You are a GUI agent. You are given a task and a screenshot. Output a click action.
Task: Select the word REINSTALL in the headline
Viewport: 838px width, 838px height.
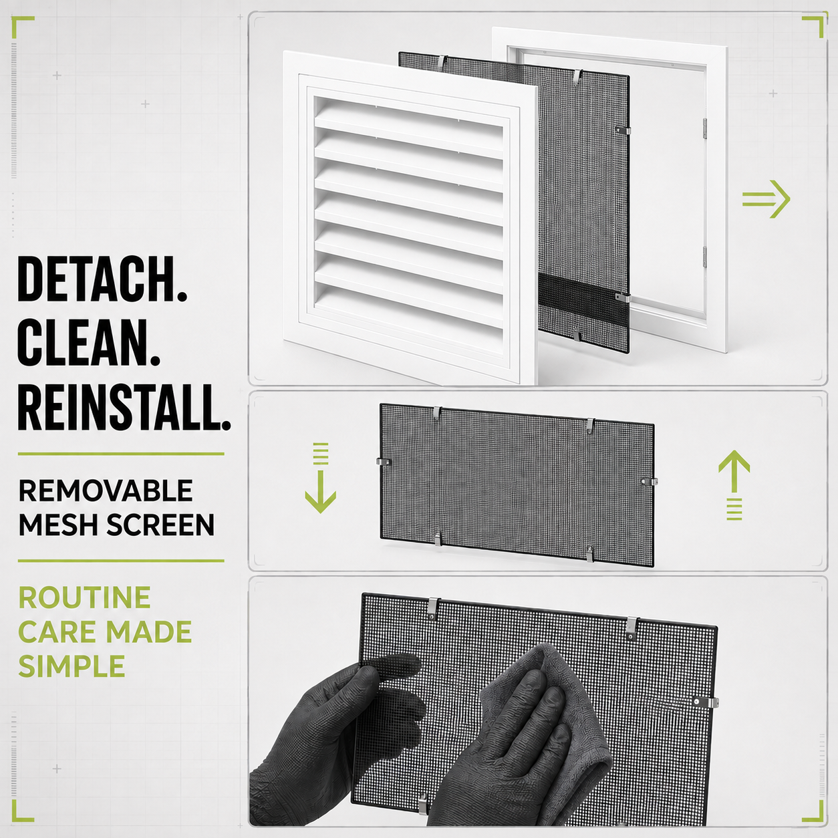coord(119,408)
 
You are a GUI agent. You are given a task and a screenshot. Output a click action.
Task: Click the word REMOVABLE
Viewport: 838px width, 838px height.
coord(106,491)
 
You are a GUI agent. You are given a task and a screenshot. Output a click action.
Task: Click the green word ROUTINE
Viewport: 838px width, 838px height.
coord(84,597)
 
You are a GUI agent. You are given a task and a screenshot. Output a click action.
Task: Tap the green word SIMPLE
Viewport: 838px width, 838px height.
coord(72,666)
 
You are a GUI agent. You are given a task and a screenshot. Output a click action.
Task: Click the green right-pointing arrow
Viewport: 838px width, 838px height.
coord(766,198)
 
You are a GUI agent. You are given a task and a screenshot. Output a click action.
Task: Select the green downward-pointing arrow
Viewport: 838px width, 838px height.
coord(321,478)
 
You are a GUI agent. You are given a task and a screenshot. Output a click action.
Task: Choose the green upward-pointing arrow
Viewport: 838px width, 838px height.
coord(734,485)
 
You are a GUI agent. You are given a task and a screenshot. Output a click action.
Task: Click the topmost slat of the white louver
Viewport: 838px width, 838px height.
coord(409,118)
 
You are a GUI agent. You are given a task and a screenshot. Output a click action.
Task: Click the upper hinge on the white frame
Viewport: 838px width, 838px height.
coord(705,128)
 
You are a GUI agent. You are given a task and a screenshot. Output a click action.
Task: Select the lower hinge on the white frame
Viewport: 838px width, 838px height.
coord(704,257)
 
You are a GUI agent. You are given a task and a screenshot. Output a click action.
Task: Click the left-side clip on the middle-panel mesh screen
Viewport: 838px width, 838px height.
coord(383,461)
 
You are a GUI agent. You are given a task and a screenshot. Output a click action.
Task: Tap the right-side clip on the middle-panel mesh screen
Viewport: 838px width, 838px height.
coord(650,481)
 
